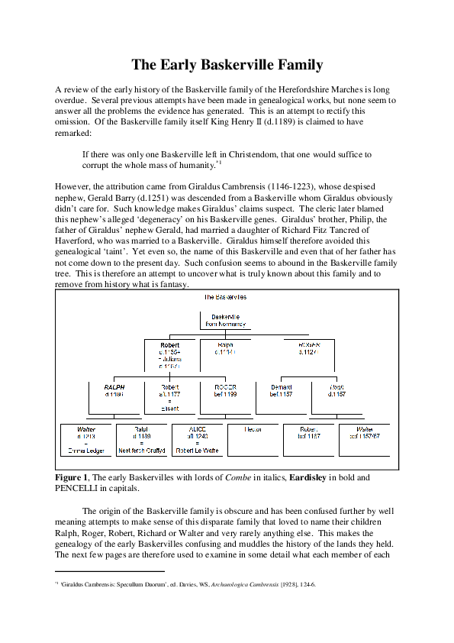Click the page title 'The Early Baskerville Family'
(227, 65)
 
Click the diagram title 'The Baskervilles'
(224, 296)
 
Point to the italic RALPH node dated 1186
(114, 391)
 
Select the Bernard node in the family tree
(281, 391)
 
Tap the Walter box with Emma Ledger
(85, 440)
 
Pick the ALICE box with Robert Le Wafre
(197, 440)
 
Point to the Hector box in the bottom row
(253, 431)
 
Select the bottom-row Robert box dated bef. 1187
(308, 434)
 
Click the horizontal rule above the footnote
(110, 570)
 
